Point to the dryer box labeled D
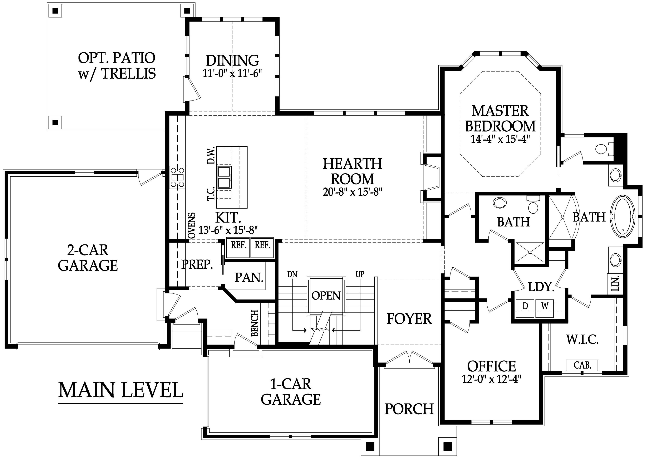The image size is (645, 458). coord(525,306)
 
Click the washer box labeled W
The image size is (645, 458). coord(545,306)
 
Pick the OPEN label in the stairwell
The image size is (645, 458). coord(326,296)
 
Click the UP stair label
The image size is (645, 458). coord(360,274)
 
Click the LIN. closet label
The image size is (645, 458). coord(616,283)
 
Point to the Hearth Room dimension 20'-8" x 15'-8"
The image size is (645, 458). coord(352,192)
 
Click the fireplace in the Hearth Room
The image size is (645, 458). coord(431,178)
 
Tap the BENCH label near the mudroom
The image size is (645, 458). coord(255,323)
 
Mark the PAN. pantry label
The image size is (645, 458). coord(249,278)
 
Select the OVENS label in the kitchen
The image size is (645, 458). coord(192,226)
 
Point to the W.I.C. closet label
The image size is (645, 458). coord(582,340)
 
